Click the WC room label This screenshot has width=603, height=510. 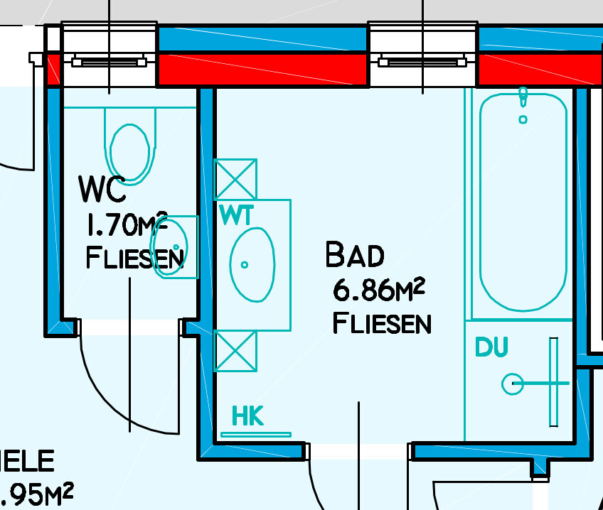pos(102,189)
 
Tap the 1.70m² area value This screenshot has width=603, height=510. pos(126,226)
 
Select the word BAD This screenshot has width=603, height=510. pos(355,255)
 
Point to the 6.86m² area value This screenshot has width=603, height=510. pos(379,290)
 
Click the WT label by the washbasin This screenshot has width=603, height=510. pos(235,215)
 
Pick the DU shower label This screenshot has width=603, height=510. pos(492,347)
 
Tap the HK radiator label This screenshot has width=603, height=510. pos(247,416)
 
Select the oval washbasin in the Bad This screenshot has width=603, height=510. pos(252,264)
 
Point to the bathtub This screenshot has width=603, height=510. pos(523,202)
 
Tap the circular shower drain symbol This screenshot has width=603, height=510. pos(513,384)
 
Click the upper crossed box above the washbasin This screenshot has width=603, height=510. pos(235,180)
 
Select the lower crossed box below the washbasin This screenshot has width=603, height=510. pos(235,351)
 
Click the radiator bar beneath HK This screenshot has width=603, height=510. pos(256,434)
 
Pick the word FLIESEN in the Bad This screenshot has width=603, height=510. pos(382,323)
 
